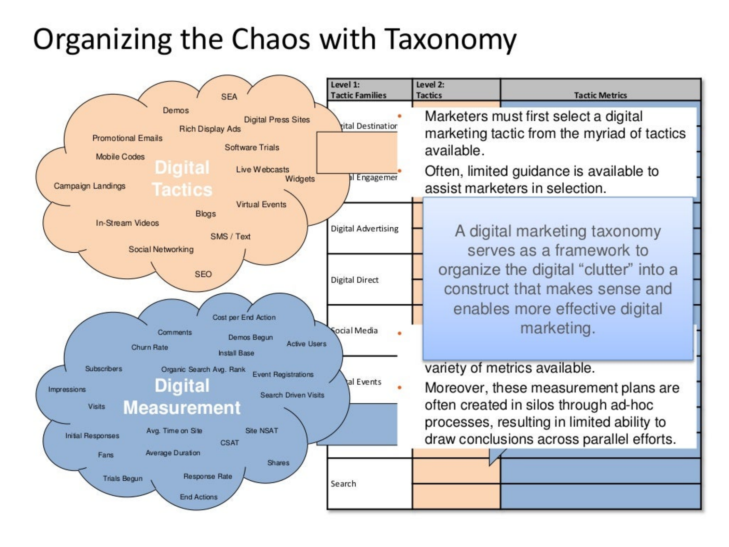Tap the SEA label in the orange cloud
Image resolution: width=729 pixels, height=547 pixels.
pyautogui.click(x=229, y=97)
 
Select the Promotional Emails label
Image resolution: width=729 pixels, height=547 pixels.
pyautogui.click(x=127, y=138)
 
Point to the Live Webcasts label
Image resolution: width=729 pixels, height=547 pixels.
pyautogui.click(x=262, y=170)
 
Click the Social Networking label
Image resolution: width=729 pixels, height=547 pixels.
pyautogui.click(x=161, y=249)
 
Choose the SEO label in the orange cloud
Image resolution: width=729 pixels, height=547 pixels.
pyautogui.click(x=203, y=274)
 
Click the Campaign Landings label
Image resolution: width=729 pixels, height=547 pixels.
pyautogui.click(x=90, y=186)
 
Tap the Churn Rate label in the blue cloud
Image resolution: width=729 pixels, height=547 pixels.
pyautogui.click(x=150, y=347)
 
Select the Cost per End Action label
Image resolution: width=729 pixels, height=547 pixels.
pyautogui.click(x=244, y=317)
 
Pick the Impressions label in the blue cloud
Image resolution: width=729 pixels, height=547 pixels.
pyautogui.click(x=67, y=389)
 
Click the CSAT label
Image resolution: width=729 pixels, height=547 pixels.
pyautogui.click(x=230, y=443)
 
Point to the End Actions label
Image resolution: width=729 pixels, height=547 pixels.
pyautogui.click(x=198, y=497)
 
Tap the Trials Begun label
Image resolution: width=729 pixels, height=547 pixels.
pyautogui.click(x=123, y=478)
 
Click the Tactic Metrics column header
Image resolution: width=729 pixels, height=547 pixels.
pyautogui.click(x=600, y=95)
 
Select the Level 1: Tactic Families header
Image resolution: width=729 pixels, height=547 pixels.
pyautogui.click(x=358, y=90)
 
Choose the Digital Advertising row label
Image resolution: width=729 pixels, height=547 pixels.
pyautogui.click(x=364, y=228)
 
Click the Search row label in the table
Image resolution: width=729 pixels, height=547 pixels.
pyautogui.click(x=343, y=484)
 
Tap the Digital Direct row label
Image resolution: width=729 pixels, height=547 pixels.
pyautogui.click(x=355, y=280)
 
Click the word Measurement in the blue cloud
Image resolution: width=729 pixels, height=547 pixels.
pyautogui.click(x=182, y=408)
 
